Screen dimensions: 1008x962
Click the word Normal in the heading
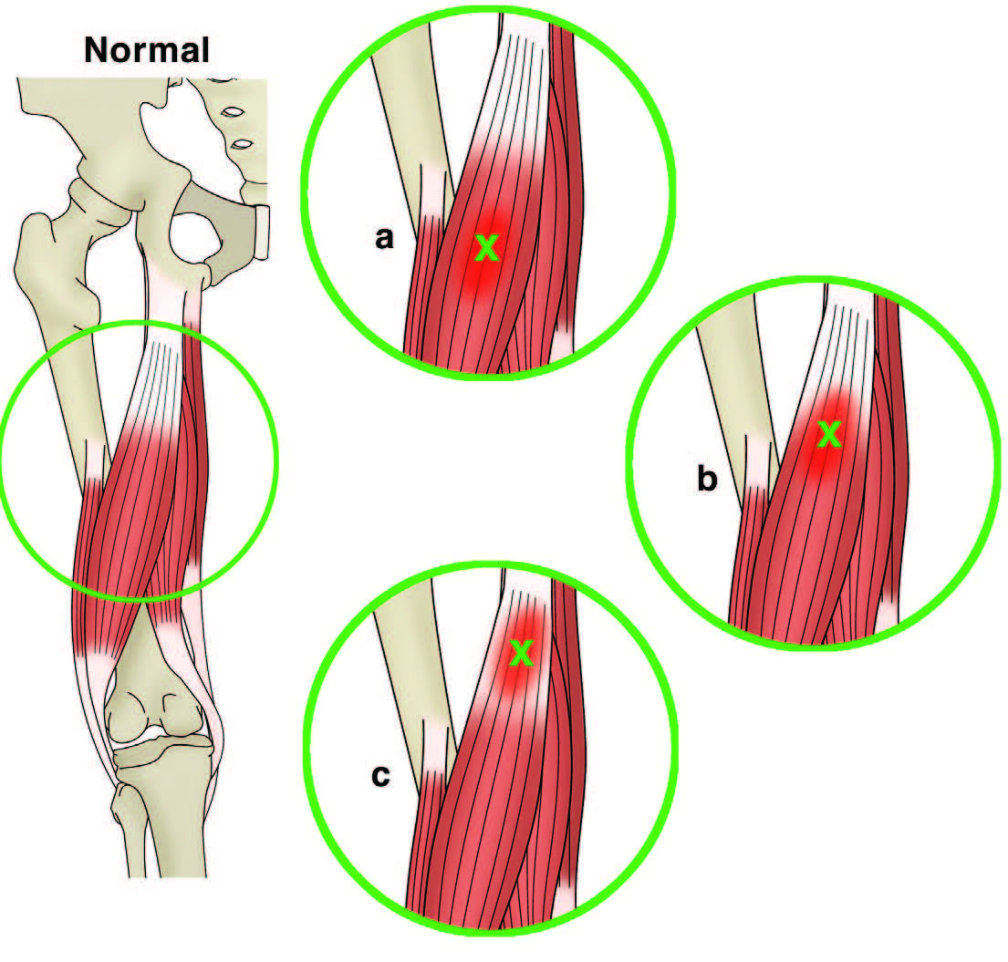tap(147, 49)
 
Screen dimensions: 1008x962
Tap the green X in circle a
tap(486, 248)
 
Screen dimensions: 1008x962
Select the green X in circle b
tap(829, 434)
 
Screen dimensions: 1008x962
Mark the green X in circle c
tap(522, 653)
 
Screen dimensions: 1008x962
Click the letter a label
tap(384, 238)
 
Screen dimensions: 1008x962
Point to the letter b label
tap(707, 478)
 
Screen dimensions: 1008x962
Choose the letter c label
tap(380, 776)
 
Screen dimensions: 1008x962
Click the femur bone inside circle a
tap(411, 122)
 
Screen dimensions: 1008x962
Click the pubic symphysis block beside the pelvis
tap(260, 232)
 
